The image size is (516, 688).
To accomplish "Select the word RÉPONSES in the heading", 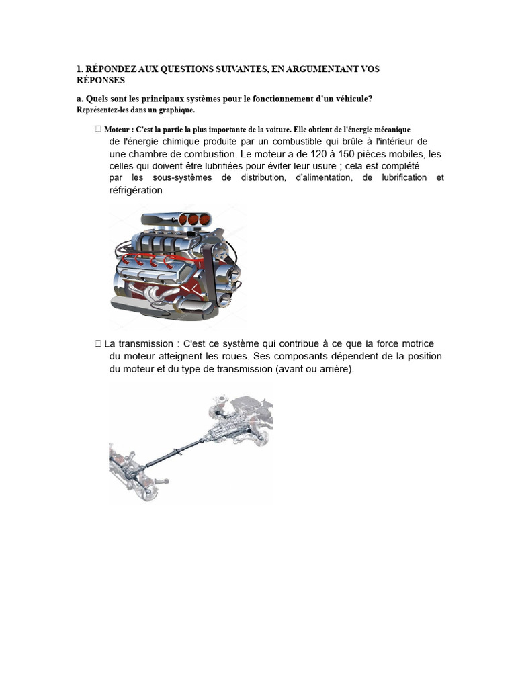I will (x=101, y=79).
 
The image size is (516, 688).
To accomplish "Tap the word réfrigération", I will (x=136, y=190).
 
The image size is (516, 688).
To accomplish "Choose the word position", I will (x=421, y=356).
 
